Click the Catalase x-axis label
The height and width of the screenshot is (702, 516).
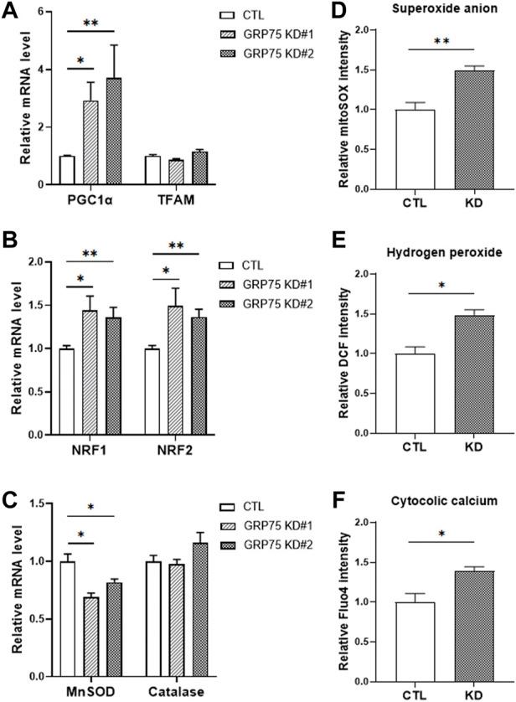tap(176, 692)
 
